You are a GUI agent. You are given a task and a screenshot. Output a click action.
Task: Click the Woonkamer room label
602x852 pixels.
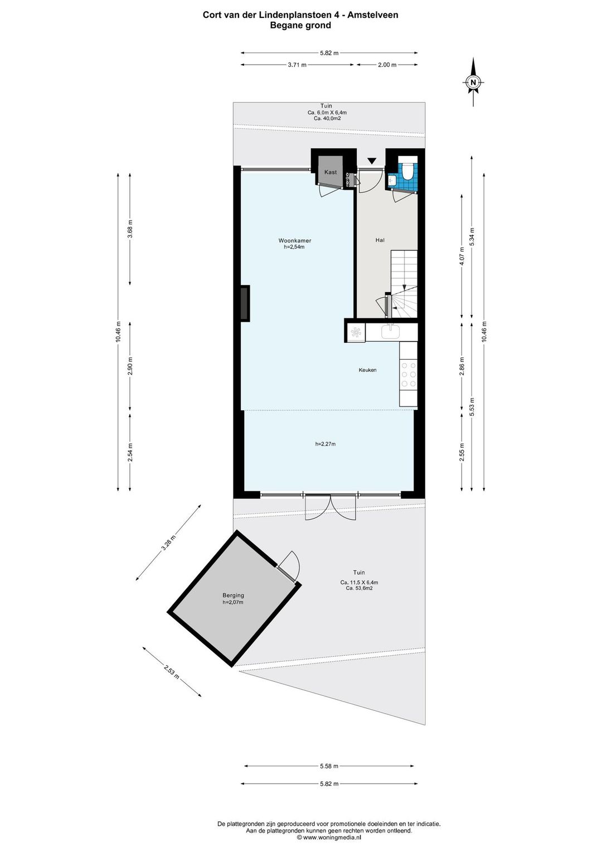pos(294,240)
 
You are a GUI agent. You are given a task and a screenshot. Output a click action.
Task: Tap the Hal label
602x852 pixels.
pos(380,240)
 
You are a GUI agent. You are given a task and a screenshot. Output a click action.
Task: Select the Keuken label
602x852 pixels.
pos(367,370)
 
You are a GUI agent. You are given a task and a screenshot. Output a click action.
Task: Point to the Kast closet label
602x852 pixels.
pos(331,172)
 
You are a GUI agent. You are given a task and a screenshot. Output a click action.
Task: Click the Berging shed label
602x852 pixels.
pos(233,596)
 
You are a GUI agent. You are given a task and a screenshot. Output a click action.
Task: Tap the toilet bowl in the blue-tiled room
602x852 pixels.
pos(407,171)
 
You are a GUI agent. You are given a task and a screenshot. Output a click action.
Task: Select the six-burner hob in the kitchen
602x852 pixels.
pos(409,375)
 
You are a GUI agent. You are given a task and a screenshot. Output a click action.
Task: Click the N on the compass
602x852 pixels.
pos(473,82)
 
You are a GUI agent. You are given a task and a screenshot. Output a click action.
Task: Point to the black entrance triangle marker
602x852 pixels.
pos(372,161)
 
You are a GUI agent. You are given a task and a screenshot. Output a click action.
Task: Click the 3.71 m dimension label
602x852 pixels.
pos(297,65)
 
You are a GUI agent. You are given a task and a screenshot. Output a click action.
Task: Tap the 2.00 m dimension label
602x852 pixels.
pos(387,65)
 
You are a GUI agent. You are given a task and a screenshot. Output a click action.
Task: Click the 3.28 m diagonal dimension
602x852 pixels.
pos(168,543)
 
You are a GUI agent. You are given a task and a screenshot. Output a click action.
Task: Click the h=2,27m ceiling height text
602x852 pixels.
pos(325,443)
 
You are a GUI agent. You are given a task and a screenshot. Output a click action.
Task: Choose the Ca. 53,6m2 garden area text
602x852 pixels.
pos(359,588)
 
